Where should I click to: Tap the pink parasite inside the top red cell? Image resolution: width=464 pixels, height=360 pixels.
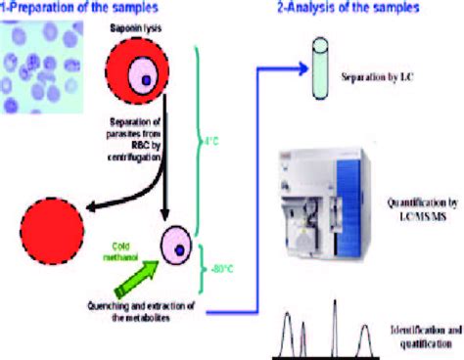click(145, 80)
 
